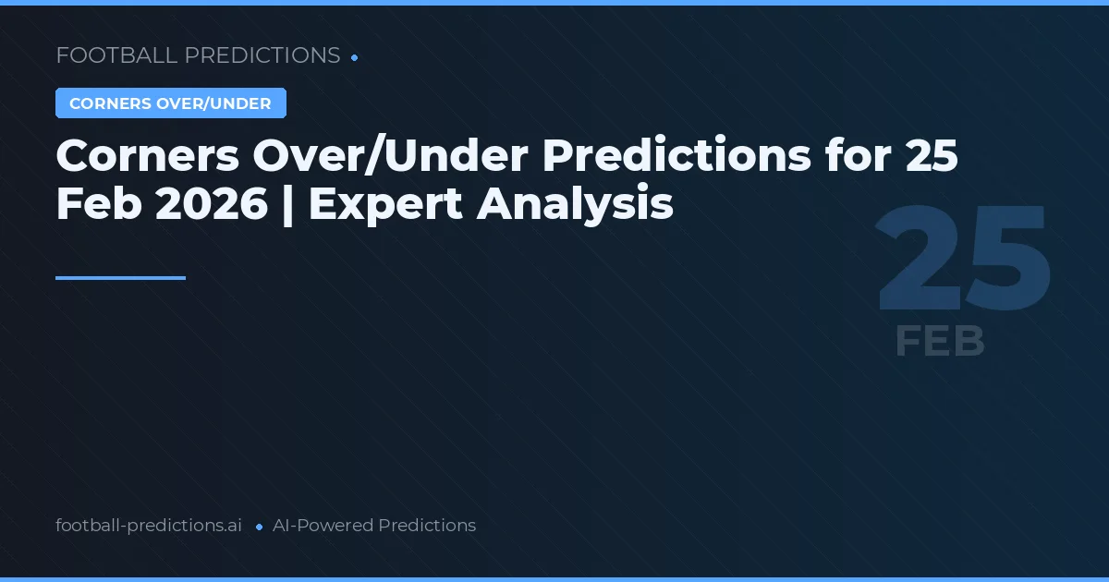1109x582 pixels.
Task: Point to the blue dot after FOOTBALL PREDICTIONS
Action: point(355,57)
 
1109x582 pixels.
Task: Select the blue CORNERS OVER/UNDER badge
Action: point(170,103)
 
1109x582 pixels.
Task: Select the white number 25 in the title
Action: point(931,157)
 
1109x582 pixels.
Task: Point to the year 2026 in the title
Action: point(212,205)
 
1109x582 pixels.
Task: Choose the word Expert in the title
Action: point(386,205)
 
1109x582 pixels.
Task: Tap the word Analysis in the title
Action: point(575,205)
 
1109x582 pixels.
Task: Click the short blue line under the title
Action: point(120,277)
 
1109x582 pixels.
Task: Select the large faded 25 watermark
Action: point(964,260)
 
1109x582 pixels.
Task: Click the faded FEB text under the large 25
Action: point(940,342)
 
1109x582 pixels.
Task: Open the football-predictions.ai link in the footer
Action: point(149,526)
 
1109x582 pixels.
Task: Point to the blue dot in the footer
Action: point(259,527)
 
